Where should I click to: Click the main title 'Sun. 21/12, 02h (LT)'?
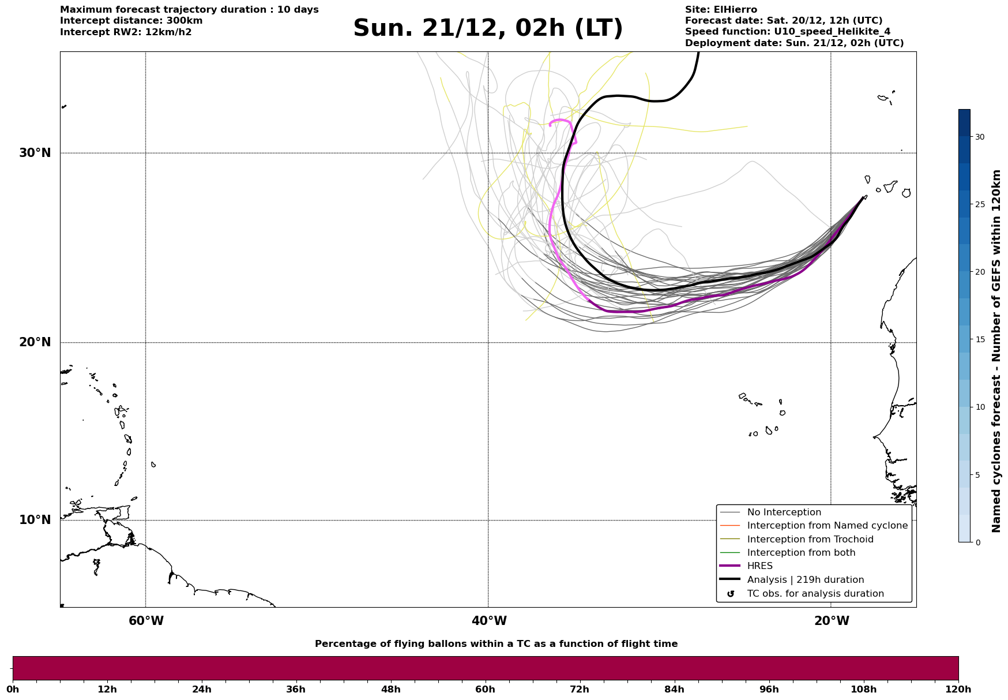(x=488, y=28)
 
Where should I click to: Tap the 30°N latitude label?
(x=35, y=153)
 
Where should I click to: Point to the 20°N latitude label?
(x=35, y=342)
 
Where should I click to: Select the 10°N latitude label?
(x=35, y=520)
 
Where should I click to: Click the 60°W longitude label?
(x=146, y=621)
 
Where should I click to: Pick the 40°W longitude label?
(x=489, y=621)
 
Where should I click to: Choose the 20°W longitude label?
(x=832, y=621)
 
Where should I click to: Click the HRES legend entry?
(x=759, y=566)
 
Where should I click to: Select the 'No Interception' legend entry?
(x=784, y=512)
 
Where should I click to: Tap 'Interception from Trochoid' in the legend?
(x=810, y=540)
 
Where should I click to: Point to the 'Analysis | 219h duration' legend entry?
(x=805, y=580)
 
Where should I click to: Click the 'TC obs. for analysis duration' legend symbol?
(x=731, y=594)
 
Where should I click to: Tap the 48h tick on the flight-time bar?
(x=390, y=689)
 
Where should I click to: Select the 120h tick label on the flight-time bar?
(x=958, y=689)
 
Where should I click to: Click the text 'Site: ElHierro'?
(x=721, y=10)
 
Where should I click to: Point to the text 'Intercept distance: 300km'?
(x=131, y=21)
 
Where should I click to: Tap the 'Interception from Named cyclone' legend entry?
(x=827, y=526)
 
